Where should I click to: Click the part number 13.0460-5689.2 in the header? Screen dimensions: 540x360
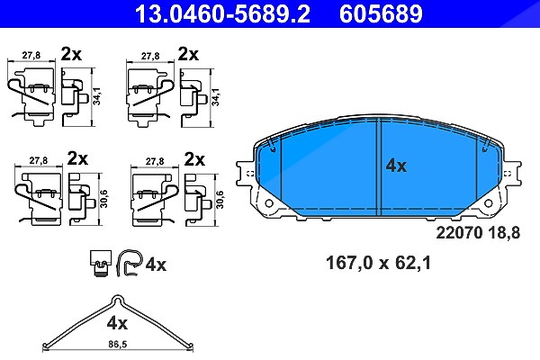pyautogui.click(x=222, y=13)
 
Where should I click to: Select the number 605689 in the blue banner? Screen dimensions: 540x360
pyautogui.click(x=381, y=13)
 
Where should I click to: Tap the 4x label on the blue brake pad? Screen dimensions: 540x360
pyautogui.click(x=396, y=166)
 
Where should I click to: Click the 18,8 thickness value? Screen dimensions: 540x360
pyautogui.click(x=504, y=233)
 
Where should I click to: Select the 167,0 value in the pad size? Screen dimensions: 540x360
pyautogui.click(x=349, y=263)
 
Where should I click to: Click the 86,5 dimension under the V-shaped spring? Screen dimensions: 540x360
pyautogui.click(x=118, y=344)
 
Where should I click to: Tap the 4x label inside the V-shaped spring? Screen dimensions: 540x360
pyautogui.click(x=117, y=323)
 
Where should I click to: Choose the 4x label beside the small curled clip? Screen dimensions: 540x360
pyautogui.click(x=156, y=265)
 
